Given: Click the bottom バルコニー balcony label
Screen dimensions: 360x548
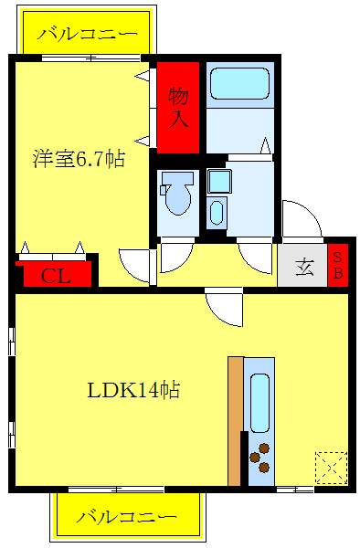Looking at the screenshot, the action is click(x=126, y=516).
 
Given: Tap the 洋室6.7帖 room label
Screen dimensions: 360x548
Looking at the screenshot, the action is click(x=79, y=159).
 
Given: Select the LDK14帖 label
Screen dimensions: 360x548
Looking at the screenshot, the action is click(x=132, y=391).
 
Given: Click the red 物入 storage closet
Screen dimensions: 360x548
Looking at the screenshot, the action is click(x=177, y=106).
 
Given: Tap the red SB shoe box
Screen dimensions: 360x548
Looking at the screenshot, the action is click(x=337, y=264).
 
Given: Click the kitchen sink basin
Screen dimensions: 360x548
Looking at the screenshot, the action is click(x=259, y=401).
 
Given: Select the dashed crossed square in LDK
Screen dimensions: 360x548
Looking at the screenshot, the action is click(x=330, y=467).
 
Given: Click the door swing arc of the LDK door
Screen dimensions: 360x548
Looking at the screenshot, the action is click(x=225, y=308).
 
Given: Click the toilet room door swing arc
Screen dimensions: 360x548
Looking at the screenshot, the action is click(x=175, y=258).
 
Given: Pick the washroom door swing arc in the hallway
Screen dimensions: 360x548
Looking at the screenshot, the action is click(x=256, y=256).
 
